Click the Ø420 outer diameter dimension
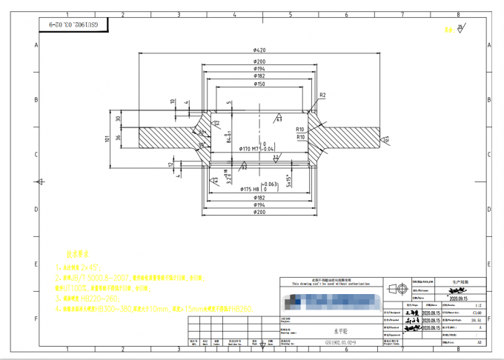[x=259, y=50]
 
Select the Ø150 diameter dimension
[x=259, y=84]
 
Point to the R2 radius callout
[x=322, y=96]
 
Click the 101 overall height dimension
[x=107, y=138]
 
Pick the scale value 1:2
[x=477, y=304]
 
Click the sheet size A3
[x=477, y=343]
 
